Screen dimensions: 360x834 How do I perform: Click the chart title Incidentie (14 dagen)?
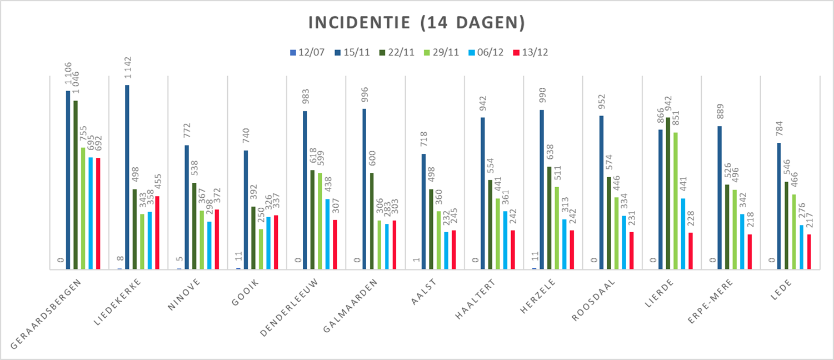[x=416, y=23]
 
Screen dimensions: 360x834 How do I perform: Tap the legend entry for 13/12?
[x=535, y=52]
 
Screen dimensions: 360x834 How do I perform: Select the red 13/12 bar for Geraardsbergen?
[x=98, y=213]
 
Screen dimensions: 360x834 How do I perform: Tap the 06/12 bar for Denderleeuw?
[x=328, y=234]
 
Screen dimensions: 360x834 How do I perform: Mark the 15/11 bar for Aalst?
[x=424, y=211]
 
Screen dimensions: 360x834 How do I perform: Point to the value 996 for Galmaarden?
[x=364, y=97]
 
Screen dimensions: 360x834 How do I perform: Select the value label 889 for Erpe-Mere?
[x=720, y=114]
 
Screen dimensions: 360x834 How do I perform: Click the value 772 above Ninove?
[x=187, y=133]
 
